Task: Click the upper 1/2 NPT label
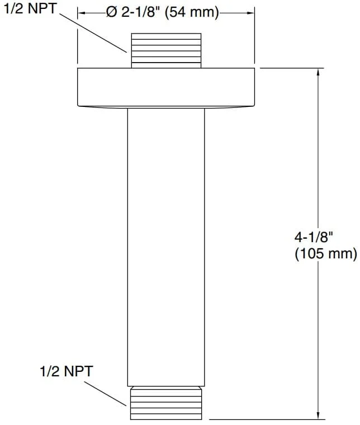click(30, 8)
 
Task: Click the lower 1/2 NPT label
click(67, 371)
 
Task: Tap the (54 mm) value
click(192, 13)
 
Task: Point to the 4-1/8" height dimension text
click(314, 237)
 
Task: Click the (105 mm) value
click(326, 254)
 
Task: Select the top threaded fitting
click(166, 50)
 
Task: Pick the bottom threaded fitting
click(166, 403)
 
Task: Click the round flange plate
click(166, 87)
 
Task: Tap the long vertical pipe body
click(166, 247)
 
